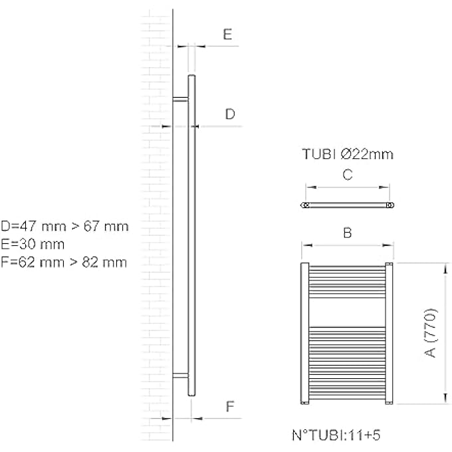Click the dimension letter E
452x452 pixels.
pos(227,35)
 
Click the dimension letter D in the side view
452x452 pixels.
pos(229,114)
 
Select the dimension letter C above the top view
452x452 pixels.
pos(346,175)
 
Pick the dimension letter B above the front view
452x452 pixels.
pos(346,233)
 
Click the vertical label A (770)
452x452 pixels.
pos(431,332)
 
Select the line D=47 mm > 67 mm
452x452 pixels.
pos(64,226)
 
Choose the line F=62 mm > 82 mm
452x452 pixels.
pos(64,261)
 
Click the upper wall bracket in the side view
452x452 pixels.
pos(180,100)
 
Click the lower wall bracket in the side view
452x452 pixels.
pos(180,376)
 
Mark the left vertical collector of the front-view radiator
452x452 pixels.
pos(304,333)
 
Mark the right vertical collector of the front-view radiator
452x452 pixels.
pos(390,333)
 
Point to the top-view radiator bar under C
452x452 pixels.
pos(347,205)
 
